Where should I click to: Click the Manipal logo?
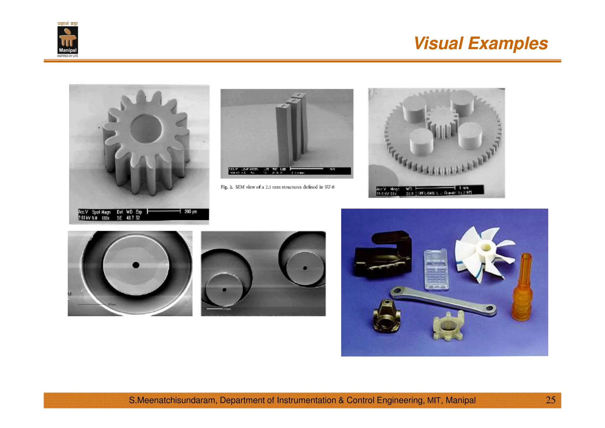click(68, 40)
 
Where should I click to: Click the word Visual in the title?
click(438, 43)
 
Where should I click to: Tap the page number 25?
click(550, 400)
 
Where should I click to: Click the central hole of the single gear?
click(146, 129)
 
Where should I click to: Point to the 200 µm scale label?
click(191, 211)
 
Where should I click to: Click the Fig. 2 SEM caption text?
click(277, 187)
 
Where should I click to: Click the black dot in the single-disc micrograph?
click(136, 265)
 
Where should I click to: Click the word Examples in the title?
click(508, 43)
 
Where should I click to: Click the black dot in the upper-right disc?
click(305, 268)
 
